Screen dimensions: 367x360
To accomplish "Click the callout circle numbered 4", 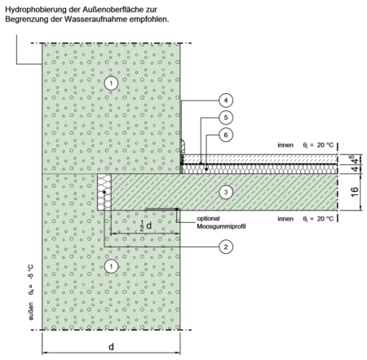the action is coord(226,100).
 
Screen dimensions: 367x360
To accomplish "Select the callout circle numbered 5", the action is coord(226,118).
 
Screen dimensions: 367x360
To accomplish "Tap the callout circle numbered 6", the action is coord(226,135).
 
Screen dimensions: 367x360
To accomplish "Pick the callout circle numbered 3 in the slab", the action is coord(226,193).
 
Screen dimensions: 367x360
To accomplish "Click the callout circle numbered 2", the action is coord(226,247).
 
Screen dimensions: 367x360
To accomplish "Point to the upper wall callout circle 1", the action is coord(111,83).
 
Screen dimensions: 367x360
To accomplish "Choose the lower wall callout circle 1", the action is coord(111,266).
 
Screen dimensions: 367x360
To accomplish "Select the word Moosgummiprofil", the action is coord(221,226).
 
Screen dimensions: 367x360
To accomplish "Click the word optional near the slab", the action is coord(208,219).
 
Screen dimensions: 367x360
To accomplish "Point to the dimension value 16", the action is coord(355,192).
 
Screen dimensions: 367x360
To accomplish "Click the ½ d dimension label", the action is coord(146,225).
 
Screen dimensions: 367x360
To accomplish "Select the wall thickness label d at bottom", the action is coord(111,347).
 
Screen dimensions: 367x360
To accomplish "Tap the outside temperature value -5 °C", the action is coord(31,272).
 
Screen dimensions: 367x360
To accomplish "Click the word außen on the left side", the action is coord(31,311).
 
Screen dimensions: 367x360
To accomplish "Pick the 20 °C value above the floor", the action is coord(325,145).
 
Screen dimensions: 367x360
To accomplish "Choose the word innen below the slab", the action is coord(285,219).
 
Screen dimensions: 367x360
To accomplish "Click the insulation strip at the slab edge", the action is coord(104,192).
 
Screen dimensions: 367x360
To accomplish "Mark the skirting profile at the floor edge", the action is coord(183,146).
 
